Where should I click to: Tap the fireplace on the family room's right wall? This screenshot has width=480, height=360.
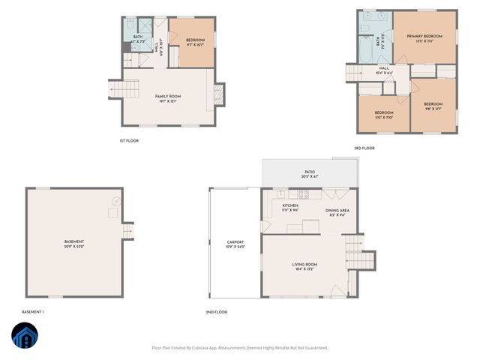[219, 94]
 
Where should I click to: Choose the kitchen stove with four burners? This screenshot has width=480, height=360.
[304, 194]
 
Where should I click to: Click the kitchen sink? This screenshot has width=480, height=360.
[280, 194]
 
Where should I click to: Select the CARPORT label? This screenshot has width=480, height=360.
[235, 244]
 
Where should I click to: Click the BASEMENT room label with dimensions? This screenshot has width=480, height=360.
[74, 244]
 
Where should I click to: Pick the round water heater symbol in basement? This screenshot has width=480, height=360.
[115, 201]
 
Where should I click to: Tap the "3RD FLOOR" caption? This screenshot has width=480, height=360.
[364, 148]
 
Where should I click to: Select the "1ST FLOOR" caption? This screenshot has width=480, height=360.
[129, 140]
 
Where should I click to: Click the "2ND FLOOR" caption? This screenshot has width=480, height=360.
[216, 311]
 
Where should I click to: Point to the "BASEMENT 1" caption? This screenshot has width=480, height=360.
[33, 311]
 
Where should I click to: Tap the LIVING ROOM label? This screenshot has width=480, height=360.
[304, 266]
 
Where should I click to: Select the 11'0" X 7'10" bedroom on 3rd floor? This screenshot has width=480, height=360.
[384, 115]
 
